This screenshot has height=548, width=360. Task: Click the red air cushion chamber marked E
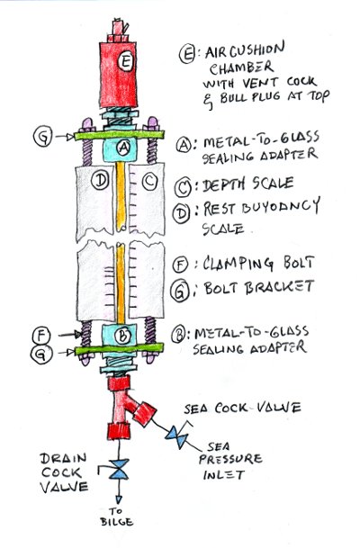(118, 75)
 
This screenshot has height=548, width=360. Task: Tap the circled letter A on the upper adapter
(122, 148)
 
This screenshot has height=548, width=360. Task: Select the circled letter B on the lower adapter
(122, 336)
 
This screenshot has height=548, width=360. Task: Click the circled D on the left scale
(100, 181)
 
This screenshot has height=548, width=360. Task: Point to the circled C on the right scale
(149, 182)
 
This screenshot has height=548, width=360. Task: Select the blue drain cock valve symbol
(119, 469)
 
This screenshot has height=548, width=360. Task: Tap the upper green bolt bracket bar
(119, 135)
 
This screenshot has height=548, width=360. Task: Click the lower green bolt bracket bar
(119, 349)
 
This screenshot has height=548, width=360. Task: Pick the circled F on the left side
(42, 336)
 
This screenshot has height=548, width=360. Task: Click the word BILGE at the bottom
(117, 522)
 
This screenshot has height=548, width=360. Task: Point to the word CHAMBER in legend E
(241, 67)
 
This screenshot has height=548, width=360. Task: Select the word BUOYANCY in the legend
(281, 206)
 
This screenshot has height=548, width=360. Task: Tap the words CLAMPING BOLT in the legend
(258, 264)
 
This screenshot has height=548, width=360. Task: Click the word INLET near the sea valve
(224, 475)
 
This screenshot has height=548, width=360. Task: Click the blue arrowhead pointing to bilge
(119, 499)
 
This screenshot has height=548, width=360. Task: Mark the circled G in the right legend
(180, 290)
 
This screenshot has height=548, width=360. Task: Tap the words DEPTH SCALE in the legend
(247, 184)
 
